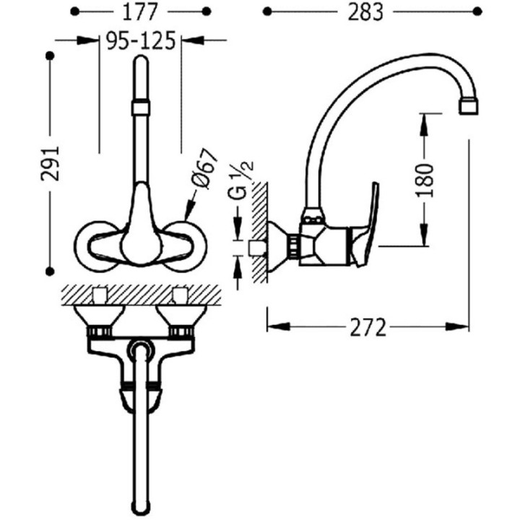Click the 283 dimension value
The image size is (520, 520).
tap(365, 12)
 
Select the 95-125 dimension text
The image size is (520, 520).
tap(141, 40)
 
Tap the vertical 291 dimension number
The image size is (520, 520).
tap(50, 163)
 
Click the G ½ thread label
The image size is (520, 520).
tap(241, 180)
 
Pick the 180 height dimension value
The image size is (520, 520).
tap(425, 180)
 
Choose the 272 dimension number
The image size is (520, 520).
tap(368, 327)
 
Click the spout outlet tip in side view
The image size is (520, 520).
tap(469, 107)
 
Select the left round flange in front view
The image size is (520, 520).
tap(96, 246)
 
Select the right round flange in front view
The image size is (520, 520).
tap(186, 246)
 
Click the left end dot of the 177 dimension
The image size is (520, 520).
tap(75, 12)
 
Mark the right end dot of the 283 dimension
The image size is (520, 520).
tap(477, 12)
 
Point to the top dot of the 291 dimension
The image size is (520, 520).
tap(50, 56)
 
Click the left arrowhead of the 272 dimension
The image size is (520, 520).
tap(279, 326)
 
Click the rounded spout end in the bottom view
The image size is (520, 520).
tap(142, 504)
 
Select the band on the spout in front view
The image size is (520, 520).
tap(141, 108)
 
